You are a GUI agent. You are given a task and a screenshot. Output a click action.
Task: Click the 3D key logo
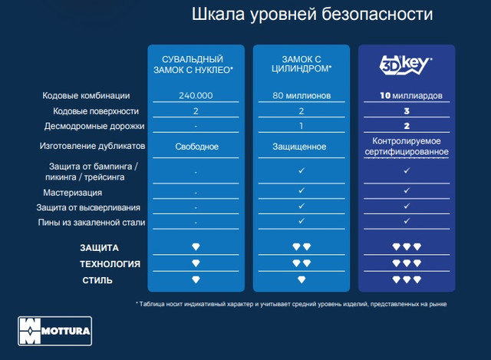[x=406, y=65]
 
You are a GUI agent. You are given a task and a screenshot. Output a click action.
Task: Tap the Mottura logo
[x=54, y=331]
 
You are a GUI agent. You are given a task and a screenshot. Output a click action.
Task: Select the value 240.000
[x=196, y=95]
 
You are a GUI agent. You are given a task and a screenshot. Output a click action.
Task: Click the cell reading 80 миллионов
[x=302, y=95]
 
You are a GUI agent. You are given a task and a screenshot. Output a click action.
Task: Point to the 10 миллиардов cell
[x=411, y=95]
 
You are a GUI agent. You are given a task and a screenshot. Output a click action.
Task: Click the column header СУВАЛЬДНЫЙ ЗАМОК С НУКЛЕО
[x=193, y=64]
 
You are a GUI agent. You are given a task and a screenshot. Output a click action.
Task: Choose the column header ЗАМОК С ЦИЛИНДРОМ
[x=302, y=64]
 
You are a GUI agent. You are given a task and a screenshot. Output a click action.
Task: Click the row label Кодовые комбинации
[x=86, y=95]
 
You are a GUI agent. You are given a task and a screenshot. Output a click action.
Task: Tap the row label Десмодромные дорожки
[x=94, y=126]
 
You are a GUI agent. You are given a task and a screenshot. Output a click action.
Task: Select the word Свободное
[x=196, y=147]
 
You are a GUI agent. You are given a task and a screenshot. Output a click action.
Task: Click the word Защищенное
[x=299, y=147]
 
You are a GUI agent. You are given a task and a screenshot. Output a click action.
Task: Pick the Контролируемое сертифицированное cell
[x=407, y=147]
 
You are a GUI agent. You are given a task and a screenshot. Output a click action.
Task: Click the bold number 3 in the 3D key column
[x=407, y=111]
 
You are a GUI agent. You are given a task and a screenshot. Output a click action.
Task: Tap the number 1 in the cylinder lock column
[x=302, y=126]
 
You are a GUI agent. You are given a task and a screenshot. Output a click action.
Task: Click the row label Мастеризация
[x=73, y=193]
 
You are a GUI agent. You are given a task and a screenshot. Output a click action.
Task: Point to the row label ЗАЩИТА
[x=99, y=248]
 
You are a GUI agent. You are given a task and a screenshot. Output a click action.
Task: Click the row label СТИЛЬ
[x=97, y=280]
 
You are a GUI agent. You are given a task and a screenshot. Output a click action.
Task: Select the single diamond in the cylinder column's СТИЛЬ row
[x=302, y=279]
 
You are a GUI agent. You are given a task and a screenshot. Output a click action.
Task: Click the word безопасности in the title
[x=377, y=15]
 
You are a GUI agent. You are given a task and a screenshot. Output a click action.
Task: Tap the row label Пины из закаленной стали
[x=91, y=223]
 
